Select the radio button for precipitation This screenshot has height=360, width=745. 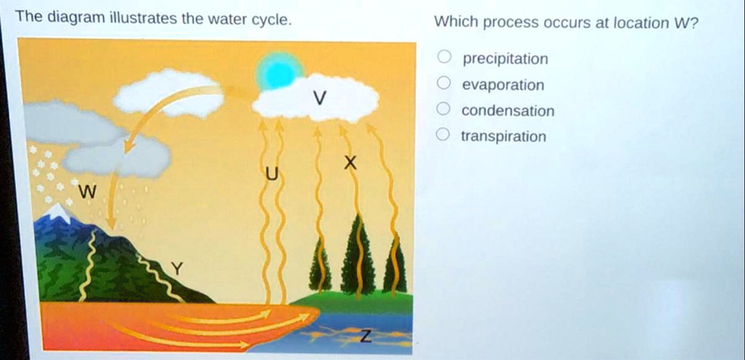pyautogui.click(x=444, y=57)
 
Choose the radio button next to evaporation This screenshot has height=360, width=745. pyautogui.click(x=444, y=84)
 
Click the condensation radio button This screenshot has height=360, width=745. pyautogui.click(x=444, y=109)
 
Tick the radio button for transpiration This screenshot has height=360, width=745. pyautogui.click(x=444, y=135)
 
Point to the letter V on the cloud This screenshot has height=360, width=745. pyautogui.click(x=320, y=98)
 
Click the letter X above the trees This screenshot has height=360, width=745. pyautogui.click(x=350, y=164)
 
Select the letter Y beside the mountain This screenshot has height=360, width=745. pyautogui.click(x=177, y=269)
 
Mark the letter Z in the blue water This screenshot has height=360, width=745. pyautogui.click(x=365, y=336)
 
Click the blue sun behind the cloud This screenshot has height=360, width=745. pyautogui.click(x=279, y=71)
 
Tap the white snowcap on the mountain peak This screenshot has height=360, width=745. pyautogui.click(x=58, y=212)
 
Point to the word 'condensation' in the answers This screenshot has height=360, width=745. pyautogui.click(x=508, y=111)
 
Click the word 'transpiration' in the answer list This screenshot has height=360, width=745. pyautogui.click(x=503, y=137)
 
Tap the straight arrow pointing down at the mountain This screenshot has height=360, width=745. pyautogui.click(x=112, y=201)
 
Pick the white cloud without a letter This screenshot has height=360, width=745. pyautogui.click(x=168, y=94)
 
